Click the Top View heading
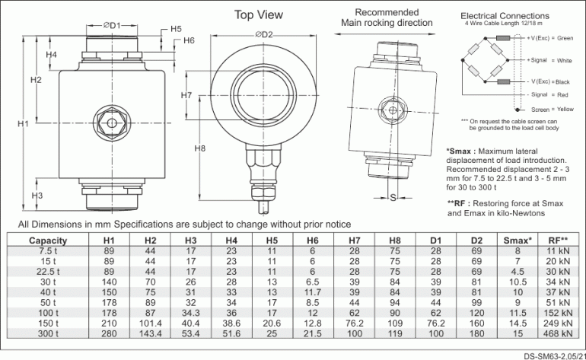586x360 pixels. [x=258, y=14]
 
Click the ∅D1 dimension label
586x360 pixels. [x=111, y=25]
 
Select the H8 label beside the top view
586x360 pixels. [x=200, y=148]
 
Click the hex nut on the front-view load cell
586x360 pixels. [x=113, y=123]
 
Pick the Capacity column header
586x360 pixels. [x=48, y=241]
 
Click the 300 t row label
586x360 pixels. [x=48, y=333]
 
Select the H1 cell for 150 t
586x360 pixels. [x=108, y=323]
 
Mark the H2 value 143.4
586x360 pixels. [x=150, y=333]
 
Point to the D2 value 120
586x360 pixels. [x=476, y=312]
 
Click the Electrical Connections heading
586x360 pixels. [x=505, y=16]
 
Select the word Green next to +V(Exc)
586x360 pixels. [x=565, y=38]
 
